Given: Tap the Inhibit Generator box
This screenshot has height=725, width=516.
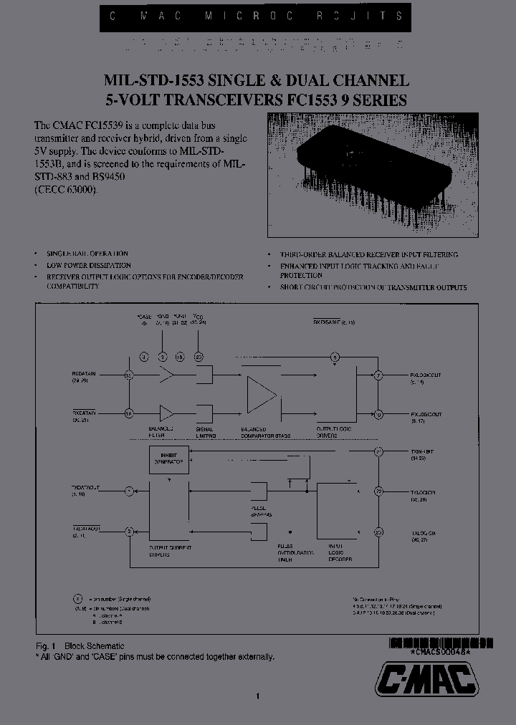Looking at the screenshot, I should tap(168, 458).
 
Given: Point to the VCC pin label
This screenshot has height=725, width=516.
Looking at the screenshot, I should tap(199, 317).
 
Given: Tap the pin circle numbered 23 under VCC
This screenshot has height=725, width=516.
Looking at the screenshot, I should tap(199, 356).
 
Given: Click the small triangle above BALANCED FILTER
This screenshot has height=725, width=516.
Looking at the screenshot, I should tap(166, 413).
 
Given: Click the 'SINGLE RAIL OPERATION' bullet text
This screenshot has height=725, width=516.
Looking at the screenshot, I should tap(87, 254).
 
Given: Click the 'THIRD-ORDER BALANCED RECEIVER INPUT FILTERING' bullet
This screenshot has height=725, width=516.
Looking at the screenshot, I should tap(369, 254).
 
